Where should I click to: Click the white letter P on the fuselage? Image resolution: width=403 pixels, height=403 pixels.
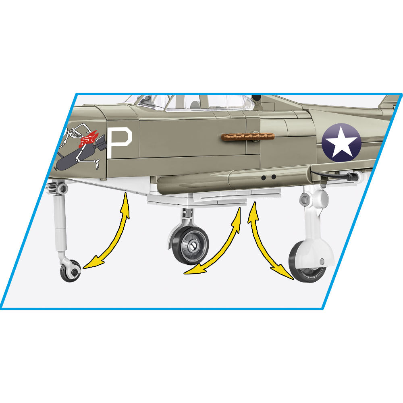pyautogui.click(x=119, y=143)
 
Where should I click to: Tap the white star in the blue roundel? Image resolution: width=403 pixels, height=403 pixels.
pyautogui.click(x=341, y=142)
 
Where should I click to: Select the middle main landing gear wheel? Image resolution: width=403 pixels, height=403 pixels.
pyautogui.click(x=191, y=245)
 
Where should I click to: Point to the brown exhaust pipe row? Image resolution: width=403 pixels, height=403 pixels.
pyautogui.click(x=248, y=137)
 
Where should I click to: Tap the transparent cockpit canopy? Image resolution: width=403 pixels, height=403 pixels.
pyautogui.click(x=190, y=102)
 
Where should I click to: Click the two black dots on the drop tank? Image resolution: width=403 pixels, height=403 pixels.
pyautogui.click(x=268, y=177)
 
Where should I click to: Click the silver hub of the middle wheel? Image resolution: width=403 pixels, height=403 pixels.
pyautogui.click(x=192, y=246)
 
